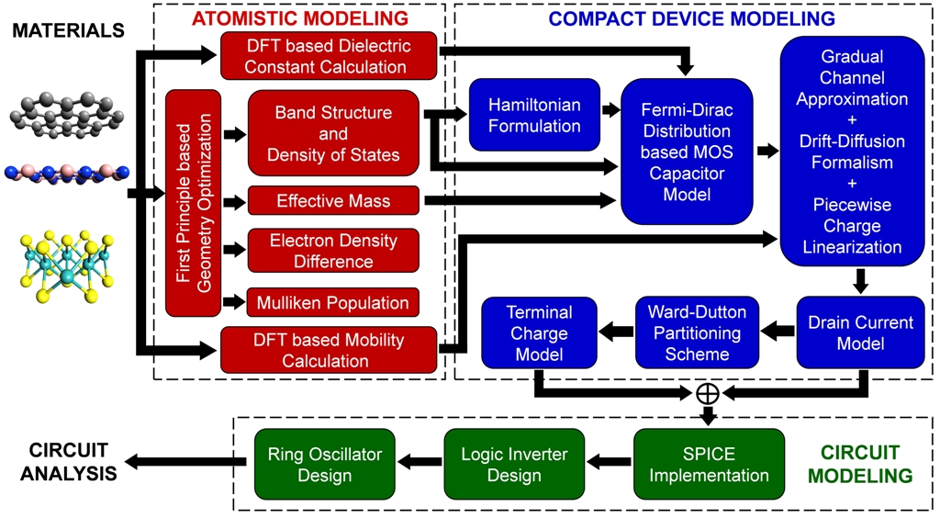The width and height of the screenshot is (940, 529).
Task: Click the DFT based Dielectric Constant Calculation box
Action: [328, 56]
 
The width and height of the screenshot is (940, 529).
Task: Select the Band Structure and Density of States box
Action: [333, 133]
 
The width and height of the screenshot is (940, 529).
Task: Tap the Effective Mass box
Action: [333, 201]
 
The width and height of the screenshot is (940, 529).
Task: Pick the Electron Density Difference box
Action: [333, 251]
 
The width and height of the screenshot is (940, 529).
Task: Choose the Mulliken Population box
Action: [333, 302]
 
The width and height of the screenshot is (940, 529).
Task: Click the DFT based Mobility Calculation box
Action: [328, 351]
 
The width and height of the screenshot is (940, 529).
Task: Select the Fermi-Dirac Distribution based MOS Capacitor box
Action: [687, 151]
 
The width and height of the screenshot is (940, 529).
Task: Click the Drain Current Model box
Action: [860, 332]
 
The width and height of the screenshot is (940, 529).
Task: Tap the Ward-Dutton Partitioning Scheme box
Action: [695, 332]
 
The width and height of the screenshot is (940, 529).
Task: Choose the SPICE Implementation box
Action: [709, 465]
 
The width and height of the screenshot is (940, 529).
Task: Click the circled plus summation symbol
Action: [707, 393]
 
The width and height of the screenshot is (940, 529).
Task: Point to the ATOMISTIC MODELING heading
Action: [298, 17]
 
